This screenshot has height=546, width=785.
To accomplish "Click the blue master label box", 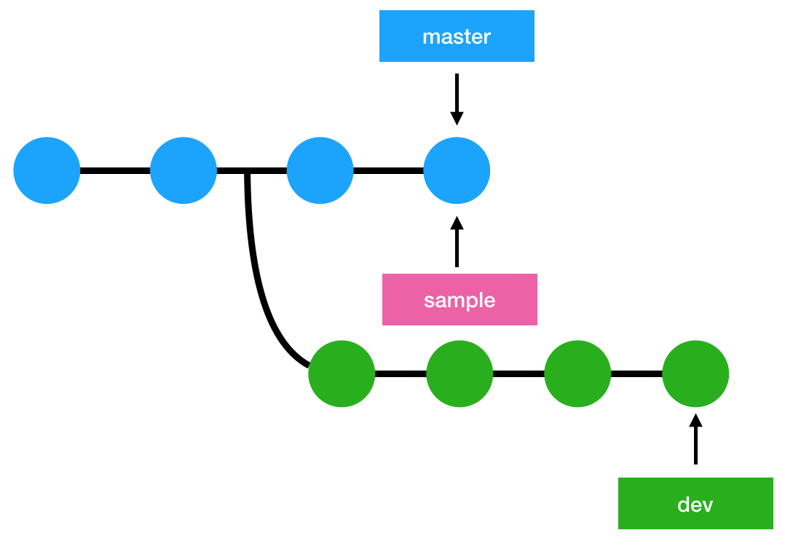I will [x=457, y=36].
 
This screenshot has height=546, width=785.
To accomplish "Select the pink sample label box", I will [x=459, y=299].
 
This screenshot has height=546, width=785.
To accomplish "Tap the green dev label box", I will [x=695, y=503].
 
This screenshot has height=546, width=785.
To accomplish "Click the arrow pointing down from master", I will [x=457, y=98].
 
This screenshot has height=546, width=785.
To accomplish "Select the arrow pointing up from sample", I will [x=457, y=242].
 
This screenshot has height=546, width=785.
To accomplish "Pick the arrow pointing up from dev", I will [x=695, y=439].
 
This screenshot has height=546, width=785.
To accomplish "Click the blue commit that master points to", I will [x=457, y=171].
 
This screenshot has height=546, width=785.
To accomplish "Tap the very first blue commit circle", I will [x=47, y=171].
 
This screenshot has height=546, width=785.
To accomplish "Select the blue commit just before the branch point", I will [x=184, y=171].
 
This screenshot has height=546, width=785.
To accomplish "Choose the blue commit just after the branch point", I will [x=320, y=171].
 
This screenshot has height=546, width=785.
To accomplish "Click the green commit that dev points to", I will [x=695, y=374].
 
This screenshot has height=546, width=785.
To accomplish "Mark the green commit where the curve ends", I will [x=342, y=374].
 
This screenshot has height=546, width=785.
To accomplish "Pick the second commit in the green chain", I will [x=459, y=374].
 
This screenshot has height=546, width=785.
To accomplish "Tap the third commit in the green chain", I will [x=577, y=374].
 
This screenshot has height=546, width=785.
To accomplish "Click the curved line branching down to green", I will [x=259, y=291].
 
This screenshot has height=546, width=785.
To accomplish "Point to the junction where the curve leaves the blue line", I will [x=248, y=172].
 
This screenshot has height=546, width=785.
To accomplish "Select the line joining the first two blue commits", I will [x=115, y=171].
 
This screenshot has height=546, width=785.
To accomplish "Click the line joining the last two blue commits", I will [x=388, y=171].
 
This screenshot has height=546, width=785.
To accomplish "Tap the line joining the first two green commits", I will [x=401, y=374].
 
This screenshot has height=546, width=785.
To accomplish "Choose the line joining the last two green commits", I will [x=636, y=374].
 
